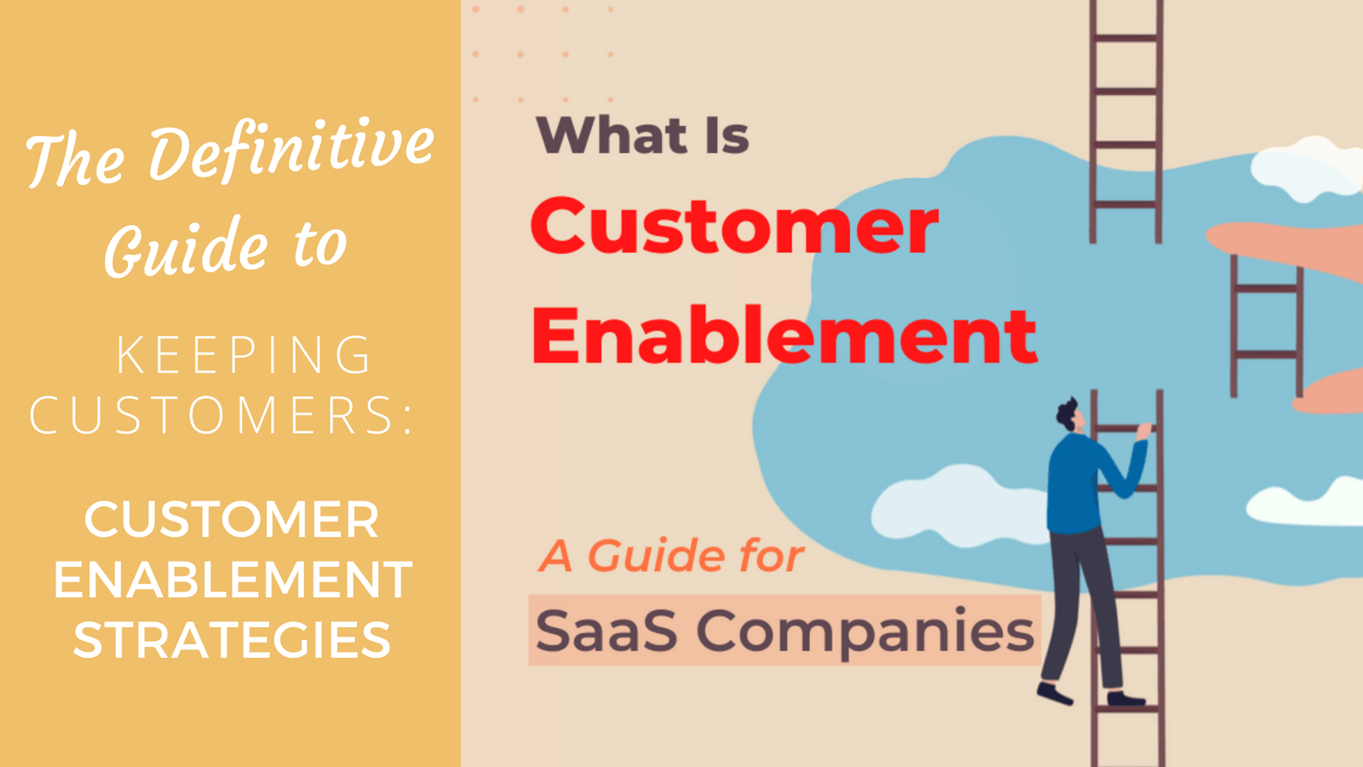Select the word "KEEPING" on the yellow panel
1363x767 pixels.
coord(244,355)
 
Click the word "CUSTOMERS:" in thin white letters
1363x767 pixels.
coord(221,416)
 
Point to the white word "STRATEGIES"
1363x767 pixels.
coord(232,641)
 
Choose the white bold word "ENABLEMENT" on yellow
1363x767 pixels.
coord(233,580)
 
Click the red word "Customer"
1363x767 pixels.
coord(734,227)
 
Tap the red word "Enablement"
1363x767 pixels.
coord(784,337)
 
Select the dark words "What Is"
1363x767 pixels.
coord(642,136)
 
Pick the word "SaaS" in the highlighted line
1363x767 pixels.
coord(607,631)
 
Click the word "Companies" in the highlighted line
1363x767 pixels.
coord(865,631)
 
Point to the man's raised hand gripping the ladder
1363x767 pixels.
coord(1143,431)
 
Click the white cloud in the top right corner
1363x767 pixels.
coord(1308,166)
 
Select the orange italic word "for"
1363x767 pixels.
coord(771,557)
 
